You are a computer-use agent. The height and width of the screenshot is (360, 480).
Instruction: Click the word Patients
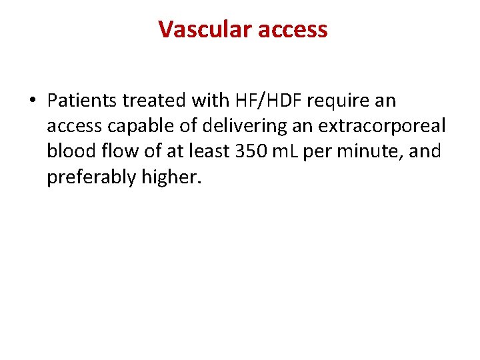[81, 101]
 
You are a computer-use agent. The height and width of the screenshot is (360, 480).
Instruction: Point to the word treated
[155, 101]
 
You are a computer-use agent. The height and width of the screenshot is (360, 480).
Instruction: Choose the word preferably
[88, 177]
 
